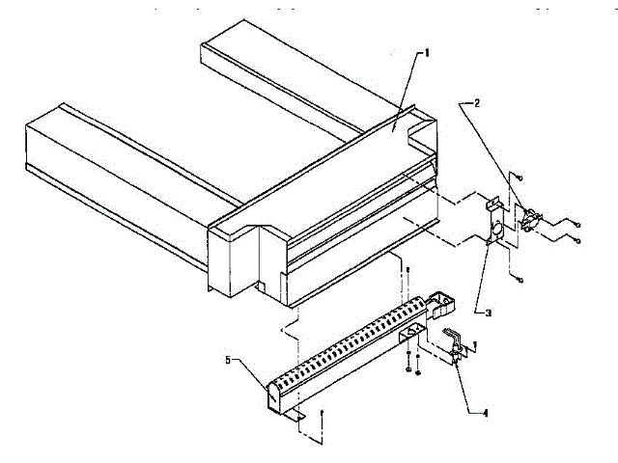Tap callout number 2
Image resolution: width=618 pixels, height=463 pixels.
(473, 101)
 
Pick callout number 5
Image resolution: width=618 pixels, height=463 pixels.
(228, 360)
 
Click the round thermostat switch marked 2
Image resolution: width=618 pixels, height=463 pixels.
(530, 221)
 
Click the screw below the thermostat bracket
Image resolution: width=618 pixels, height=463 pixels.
(519, 280)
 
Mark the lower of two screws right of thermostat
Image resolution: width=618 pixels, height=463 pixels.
(576, 238)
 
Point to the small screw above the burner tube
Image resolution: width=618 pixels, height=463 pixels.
(407, 271)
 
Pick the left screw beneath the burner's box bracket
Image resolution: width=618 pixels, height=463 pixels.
(408, 369)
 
